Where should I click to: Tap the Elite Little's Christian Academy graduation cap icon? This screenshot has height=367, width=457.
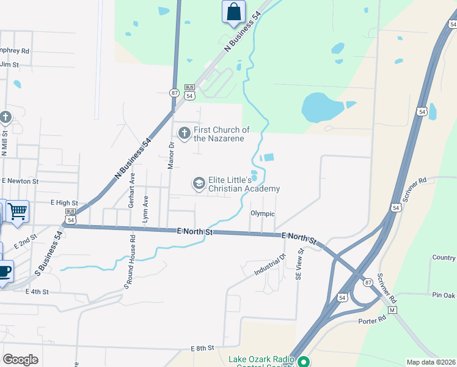[x=199, y=183]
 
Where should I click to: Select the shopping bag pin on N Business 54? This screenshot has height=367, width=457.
[x=233, y=12]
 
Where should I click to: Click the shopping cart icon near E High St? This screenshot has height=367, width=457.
[x=17, y=211]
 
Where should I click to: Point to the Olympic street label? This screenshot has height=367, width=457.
[x=263, y=213]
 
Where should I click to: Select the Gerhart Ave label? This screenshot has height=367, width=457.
[x=132, y=191]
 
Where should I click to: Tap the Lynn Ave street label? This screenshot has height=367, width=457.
[x=145, y=209]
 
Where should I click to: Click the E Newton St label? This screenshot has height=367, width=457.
[x=20, y=181]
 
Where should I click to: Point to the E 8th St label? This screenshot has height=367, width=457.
[x=203, y=348]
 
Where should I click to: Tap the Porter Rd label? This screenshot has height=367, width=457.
[x=373, y=319]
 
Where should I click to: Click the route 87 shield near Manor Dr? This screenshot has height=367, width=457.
[x=175, y=93]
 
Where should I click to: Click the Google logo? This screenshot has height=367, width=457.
[x=20, y=360]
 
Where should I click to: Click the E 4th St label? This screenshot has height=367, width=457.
[x=37, y=292]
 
